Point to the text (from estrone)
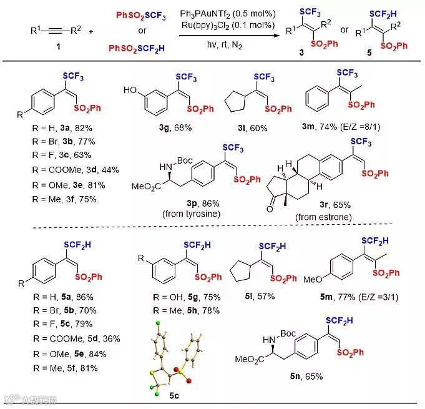coord(325,216)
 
